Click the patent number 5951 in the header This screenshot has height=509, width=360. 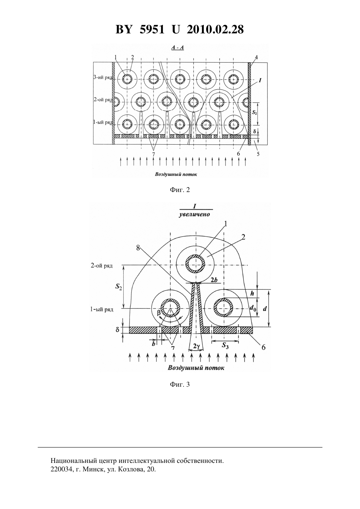pos(152,29)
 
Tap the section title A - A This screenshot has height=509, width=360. pos(177,48)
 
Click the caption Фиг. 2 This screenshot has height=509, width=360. pos(180,190)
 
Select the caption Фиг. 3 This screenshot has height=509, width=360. pos(180,384)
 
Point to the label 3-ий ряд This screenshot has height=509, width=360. pos(103,78)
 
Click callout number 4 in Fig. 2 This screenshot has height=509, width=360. pos(256,57)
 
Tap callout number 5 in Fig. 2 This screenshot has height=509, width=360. pos(258,154)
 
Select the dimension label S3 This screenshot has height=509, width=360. pos(225,346)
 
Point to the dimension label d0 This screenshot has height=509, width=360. pos(253,308)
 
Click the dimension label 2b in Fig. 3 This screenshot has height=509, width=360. pos(214,280)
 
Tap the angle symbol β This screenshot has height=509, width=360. pos(159,313)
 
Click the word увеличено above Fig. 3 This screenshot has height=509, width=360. pos(194,215)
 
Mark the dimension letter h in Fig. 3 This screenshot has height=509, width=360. pos(252,293)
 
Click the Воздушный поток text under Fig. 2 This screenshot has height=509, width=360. pos(176,174)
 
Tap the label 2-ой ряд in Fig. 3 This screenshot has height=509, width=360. pos(102,266)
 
